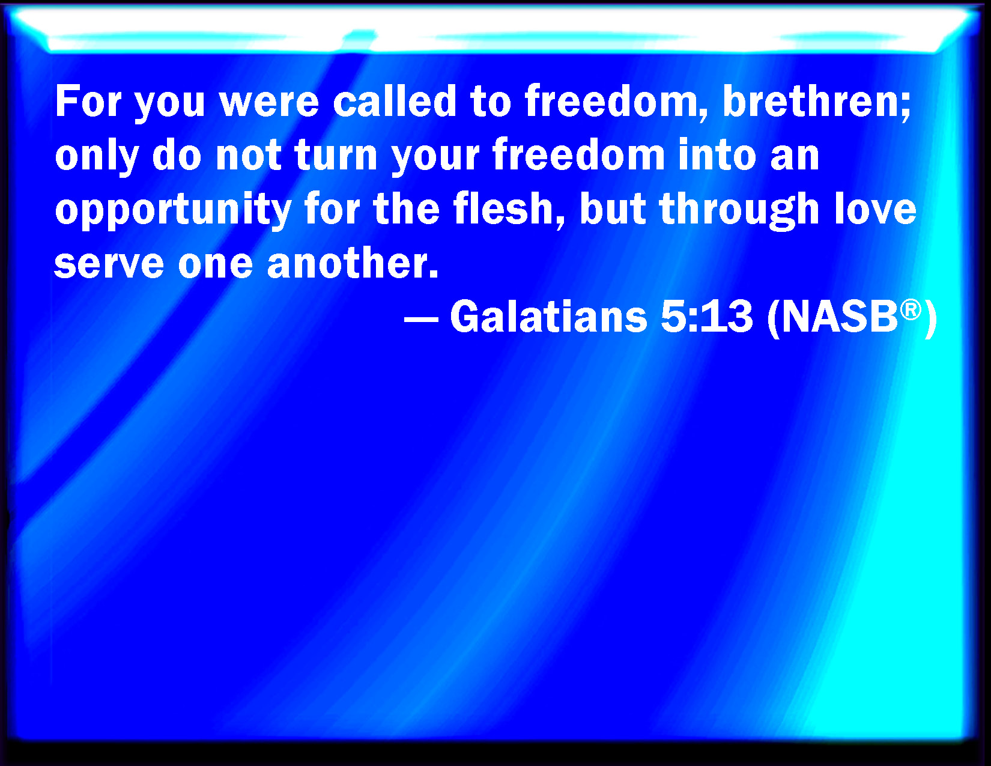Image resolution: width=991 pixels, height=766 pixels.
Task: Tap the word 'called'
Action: [395, 100]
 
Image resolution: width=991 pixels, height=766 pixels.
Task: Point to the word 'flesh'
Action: [504, 208]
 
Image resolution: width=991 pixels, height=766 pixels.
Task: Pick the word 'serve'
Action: [109, 264]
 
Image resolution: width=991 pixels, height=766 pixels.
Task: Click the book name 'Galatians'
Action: [548, 315]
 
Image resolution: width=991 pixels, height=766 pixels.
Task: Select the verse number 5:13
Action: [706, 315]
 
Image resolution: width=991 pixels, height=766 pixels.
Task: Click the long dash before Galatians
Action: [421, 319]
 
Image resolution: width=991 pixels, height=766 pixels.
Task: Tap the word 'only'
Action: [97, 157]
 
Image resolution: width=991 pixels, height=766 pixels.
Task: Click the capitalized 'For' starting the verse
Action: [88, 100]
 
